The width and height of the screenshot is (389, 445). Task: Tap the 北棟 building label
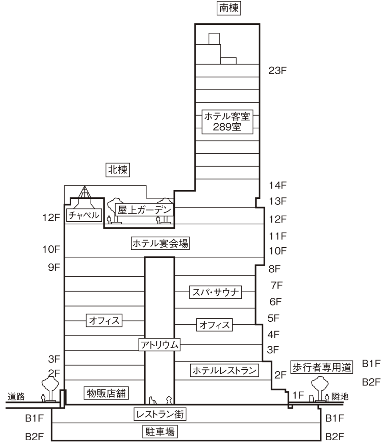(x=118, y=169)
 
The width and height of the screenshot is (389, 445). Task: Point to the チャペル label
(x=83, y=215)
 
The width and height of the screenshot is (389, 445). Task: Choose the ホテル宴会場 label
(x=160, y=243)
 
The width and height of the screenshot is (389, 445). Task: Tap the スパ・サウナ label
(x=216, y=292)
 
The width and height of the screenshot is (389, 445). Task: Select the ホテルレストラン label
(x=224, y=370)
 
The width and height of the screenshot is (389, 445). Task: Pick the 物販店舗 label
(x=107, y=393)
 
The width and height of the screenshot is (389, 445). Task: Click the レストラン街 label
(x=160, y=414)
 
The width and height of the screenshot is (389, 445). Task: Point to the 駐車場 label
(x=160, y=432)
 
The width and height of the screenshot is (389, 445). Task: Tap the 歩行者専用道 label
(x=322, y=367)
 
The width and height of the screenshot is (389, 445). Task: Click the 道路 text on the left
(x=16, y=396)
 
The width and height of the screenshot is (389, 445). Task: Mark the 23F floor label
(x=277, y=71)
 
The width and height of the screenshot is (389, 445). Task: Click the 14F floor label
(x=278, y=185)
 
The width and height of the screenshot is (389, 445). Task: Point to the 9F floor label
(x=53, y=268)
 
